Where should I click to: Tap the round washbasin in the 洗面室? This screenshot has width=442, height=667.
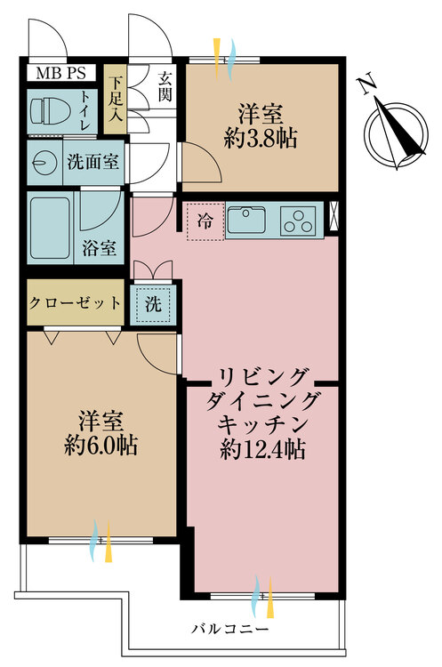pyautogui.click(x=44, y=162)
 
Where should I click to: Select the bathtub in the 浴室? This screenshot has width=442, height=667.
pyautogui.click(x=50, y=228)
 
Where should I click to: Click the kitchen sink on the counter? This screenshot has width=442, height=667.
pyautogui.click(x=245, y=220)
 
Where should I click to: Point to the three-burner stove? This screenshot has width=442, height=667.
pyautogui.click(x=298, y=221)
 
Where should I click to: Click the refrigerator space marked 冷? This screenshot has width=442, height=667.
pyautogui.click(x=205, y=221)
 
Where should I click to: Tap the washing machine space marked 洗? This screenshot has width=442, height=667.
pyautogui.click(x=153, y=304)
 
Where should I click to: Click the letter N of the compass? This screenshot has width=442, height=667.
pyautogui.click(x=367, y=85)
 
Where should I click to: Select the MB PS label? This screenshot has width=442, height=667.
pyautogui.click(x=60, y=73)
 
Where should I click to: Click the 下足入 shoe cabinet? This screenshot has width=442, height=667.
pyautogui.click(x=115, y=99)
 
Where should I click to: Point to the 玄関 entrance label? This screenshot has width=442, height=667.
pyautogui.click(x=165, y=86)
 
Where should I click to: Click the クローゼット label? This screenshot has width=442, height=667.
pyautogui.click(x=75, y=303)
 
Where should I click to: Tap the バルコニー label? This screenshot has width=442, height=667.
pyautogui.click(x=229, y=629)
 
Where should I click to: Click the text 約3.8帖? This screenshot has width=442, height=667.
pyautogui.click(x=261, y=138)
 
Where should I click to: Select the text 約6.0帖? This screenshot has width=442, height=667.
pyautogui.click(x=100, y=446)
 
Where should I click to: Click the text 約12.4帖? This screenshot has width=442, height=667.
pyautogui.click(x=262, y=449)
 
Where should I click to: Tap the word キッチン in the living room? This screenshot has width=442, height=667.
pyautogui.click(x=262, y=423)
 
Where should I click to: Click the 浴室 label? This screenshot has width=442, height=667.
pyautogui.click(x=99, y=248)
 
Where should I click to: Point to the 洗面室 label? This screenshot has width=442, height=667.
pyautogui.click(x=93, y=162)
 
